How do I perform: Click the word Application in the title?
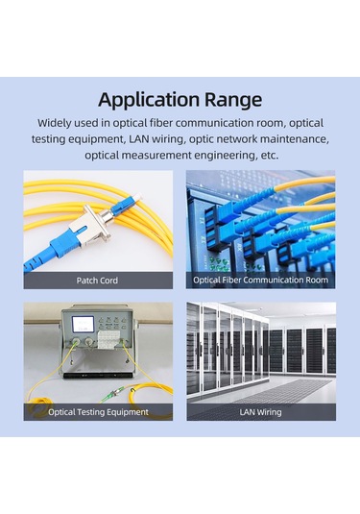click(149, 100)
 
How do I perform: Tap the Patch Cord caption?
click(98, 281)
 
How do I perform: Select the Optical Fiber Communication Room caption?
click(260, 281)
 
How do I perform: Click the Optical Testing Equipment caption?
click(98, 412)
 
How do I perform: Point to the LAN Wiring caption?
click(260, 412)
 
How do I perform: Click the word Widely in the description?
click(59, 124)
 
